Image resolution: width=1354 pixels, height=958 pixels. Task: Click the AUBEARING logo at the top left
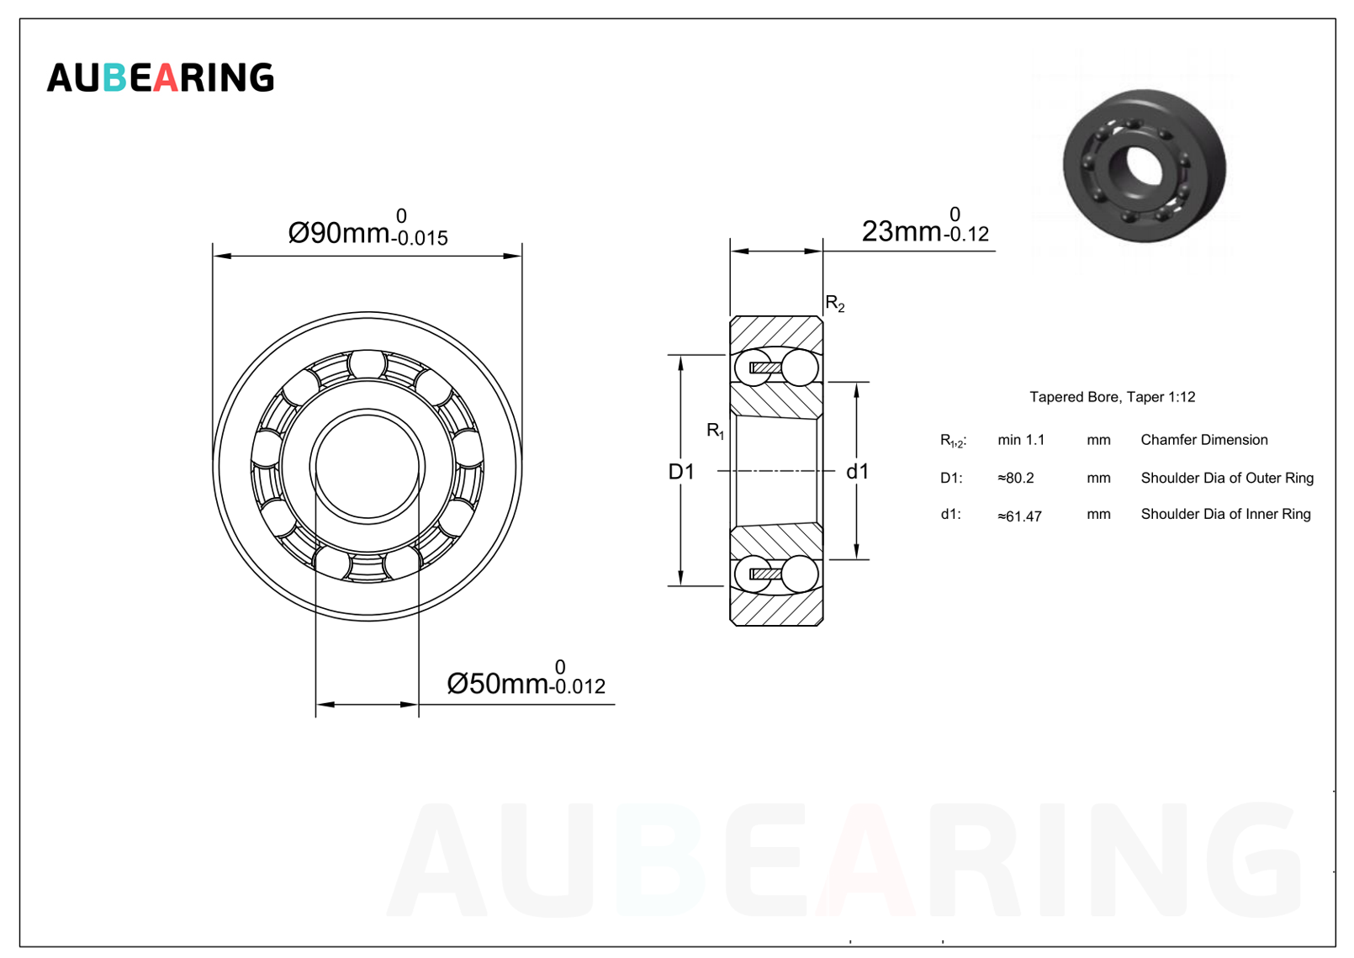tap(160, 77)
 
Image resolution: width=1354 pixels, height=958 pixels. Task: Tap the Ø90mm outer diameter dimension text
tap(338, 233)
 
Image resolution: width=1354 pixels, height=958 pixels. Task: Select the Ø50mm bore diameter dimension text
tap(498, 684)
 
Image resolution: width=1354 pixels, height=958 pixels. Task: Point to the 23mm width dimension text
tap(902, 231)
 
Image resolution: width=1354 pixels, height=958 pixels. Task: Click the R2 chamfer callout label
tap(835, 304)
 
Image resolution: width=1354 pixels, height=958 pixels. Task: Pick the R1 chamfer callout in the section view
tap(716, 431)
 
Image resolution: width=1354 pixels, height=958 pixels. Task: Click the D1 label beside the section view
tap(681, 472)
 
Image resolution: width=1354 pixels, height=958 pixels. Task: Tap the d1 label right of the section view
tap(857, 472)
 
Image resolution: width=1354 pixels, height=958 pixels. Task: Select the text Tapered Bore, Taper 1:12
tap(1112, 397)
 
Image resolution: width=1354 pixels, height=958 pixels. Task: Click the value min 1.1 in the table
tap(1021, 440)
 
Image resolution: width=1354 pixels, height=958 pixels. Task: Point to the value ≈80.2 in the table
tap(1016, 478)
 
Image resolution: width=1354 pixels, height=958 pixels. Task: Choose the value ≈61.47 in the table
tap(1019, 516)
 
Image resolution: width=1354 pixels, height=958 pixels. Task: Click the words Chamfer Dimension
tap(1204, 440)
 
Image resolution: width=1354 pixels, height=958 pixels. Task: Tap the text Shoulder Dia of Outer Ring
tap(1227, 478)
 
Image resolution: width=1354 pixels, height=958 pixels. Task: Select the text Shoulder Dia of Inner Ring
tap(1225, 515)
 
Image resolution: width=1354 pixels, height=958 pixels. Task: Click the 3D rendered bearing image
tap(1145, 167)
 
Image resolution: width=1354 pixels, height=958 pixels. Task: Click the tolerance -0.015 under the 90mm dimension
tap(420, 238)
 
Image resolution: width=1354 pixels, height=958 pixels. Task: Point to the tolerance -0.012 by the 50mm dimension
tap(577, 686)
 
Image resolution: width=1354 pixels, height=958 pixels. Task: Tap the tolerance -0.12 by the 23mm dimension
tap(966, 234)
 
